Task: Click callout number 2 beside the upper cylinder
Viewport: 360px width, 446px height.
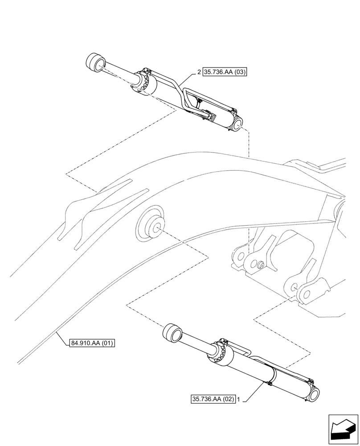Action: coord(199,71)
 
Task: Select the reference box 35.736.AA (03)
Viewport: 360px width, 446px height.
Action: coord(225,71)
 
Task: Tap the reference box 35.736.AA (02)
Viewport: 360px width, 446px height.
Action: coord(213,400)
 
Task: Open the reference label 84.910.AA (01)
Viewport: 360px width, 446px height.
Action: coord(92,343)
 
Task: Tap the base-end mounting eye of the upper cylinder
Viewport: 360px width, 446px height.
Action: coord(237,123)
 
